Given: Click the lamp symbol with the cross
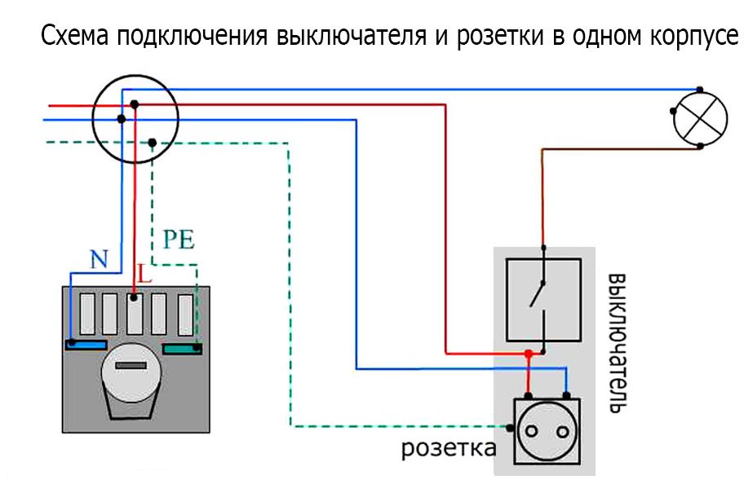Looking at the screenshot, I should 699,118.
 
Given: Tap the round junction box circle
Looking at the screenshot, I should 133,120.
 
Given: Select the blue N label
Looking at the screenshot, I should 98,260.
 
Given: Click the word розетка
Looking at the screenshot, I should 447,449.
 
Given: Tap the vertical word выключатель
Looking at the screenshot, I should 617,341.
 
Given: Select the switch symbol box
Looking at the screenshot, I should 543,299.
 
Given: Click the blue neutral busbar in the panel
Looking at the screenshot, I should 86,345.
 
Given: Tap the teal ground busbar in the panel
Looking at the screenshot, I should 183,350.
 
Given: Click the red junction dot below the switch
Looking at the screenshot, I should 529,354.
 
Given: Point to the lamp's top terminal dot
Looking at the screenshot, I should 699,89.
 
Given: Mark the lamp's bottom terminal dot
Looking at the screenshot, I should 700,147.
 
